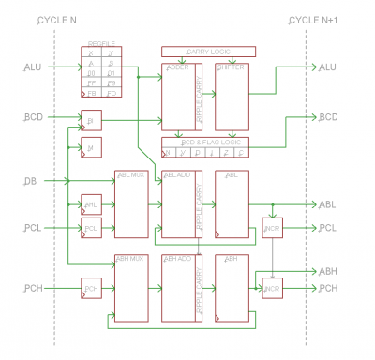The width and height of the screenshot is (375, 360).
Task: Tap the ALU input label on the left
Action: coord(33,67)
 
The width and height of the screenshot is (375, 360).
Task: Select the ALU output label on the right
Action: coord(327,67)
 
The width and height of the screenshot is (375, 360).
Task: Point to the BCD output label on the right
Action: coord(327,117)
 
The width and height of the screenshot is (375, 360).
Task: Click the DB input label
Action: coord(31,180)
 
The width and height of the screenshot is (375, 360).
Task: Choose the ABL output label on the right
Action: coord(327,204)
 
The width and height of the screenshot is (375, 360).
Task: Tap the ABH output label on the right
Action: coord(327,271)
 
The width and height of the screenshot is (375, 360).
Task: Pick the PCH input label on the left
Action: coord(34,288)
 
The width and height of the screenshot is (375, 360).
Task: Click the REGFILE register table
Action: coord(102,71)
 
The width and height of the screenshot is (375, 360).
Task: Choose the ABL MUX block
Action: coord(130,204)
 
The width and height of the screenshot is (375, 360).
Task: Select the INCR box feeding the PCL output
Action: coord(272,228)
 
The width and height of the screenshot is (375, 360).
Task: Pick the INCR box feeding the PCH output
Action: coord(272,289)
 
